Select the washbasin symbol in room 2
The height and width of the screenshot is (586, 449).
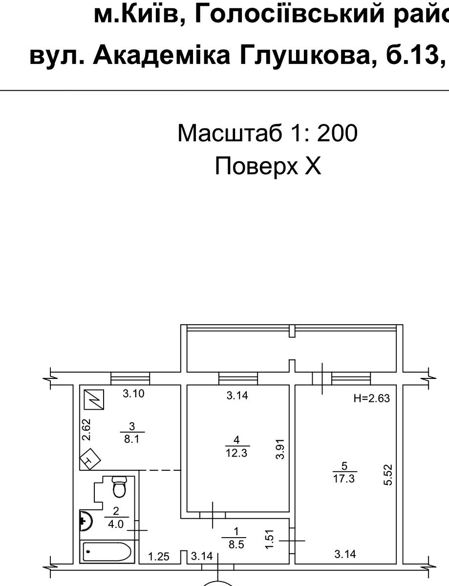coord(86,521)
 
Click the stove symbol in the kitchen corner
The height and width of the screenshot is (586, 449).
coord(90,459)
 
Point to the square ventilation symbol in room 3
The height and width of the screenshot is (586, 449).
coord(94,399)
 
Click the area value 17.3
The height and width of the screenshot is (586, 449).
coord(344,479)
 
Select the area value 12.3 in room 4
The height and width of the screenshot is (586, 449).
coord(236,453)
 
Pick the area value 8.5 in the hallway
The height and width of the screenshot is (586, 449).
coord(236,545)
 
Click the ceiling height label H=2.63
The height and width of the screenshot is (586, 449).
coord(372,398)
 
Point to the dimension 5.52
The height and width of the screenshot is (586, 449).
coord(388,475)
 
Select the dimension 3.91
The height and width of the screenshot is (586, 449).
coord(280,449)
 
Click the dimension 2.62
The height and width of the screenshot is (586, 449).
coord(86,430)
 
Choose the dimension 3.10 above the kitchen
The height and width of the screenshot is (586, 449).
coord(134,394)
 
